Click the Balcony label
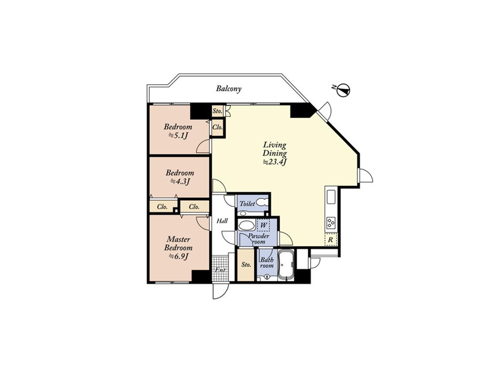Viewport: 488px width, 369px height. pos(229,89)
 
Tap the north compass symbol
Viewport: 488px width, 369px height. pos(344,90)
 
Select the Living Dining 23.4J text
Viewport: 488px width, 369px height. pos(274,153)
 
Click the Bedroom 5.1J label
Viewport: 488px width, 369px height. pos(178,131)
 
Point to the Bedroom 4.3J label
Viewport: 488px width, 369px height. pos(180,177)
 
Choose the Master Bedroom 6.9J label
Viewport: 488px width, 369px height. pos(179,248)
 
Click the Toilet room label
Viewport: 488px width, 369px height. pos(247,204)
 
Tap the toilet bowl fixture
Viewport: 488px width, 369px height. pos(261,203)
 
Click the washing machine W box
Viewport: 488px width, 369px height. pos(263,225)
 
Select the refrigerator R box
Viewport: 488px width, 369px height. pos(330,239)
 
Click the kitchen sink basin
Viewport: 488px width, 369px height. pos(330,197)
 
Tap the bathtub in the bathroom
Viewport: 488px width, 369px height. pos(285,265)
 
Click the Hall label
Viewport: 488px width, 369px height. pos(222,221)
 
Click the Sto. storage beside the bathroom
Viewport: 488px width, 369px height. pos(246,265)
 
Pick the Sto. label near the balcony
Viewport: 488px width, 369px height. pos(217,111)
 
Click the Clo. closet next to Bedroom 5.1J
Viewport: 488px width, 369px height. pos(217,127)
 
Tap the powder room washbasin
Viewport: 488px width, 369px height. pos(247,225)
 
